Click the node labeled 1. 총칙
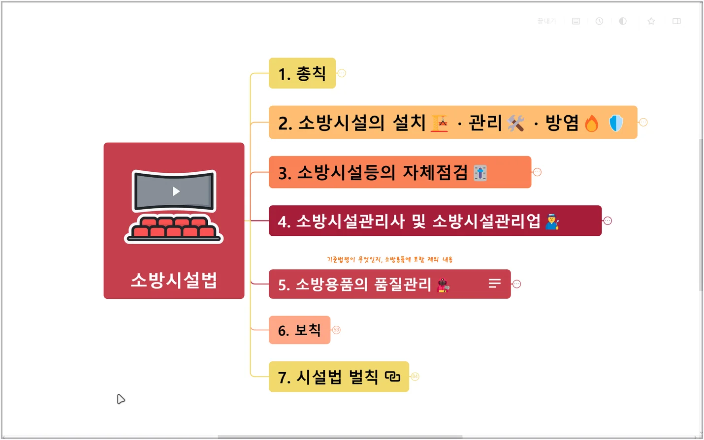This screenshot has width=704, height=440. pyautogui.click(x=302, y=73)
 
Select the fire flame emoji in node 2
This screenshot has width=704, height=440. pyautogui.click(x=592, y=123)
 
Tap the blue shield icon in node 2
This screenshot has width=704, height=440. pyautogui.click(x=616, y=123)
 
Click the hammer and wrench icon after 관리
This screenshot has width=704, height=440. pyautogui.click(x=516, y=123)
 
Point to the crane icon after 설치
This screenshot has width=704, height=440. pyautogui.click(x=440, y=123)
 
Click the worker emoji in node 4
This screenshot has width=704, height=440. pyautogui.click(x=552, y=222)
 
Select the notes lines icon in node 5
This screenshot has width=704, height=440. pyautogui.click(x=495, y=283)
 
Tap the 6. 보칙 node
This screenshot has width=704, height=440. pyautogui.click(x=299, y=330)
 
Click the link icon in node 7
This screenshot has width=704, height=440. pyautogui.click(x=392, y=377)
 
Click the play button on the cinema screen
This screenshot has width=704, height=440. pyautogui.click(x=176, y=191)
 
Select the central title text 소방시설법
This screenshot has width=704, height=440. pyautogui.click(x=174, y=280)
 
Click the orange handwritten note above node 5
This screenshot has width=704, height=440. pyautogui.click(x=389, y=259)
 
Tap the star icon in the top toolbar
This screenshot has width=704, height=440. pyautogui.click(x=651, y=21)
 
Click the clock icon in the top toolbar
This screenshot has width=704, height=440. pyautogui.click(x=599, y=21)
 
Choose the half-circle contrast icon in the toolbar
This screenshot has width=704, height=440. pyautogui.click(x=623, y=21)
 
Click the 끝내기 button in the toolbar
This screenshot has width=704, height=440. pyautogui.click(x=546, y=21)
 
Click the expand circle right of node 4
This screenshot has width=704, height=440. pyautogui.click(x=608, y=221)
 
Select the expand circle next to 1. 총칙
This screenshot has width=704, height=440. pyautogui.click(x=342, y=73)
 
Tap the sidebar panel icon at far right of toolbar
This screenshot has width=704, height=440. pyautogui.click(x=676, y=21)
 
